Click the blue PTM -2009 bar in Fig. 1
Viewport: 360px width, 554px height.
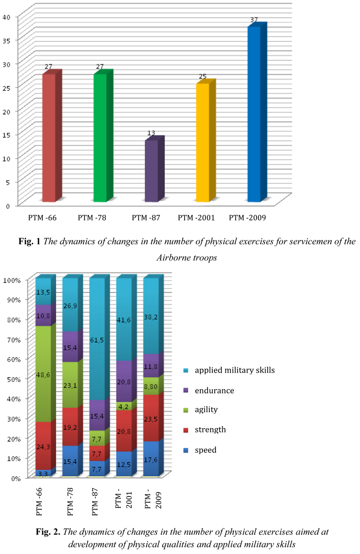click(254, 115)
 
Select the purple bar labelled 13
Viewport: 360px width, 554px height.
click(151, 171)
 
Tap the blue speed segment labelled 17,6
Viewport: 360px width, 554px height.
click(151, 458)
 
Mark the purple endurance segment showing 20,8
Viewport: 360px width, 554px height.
click(124, 381)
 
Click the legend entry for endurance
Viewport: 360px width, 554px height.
click(214, 391)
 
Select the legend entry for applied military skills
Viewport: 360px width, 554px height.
click(234, 371)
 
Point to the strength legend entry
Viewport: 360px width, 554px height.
click(210, 430)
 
